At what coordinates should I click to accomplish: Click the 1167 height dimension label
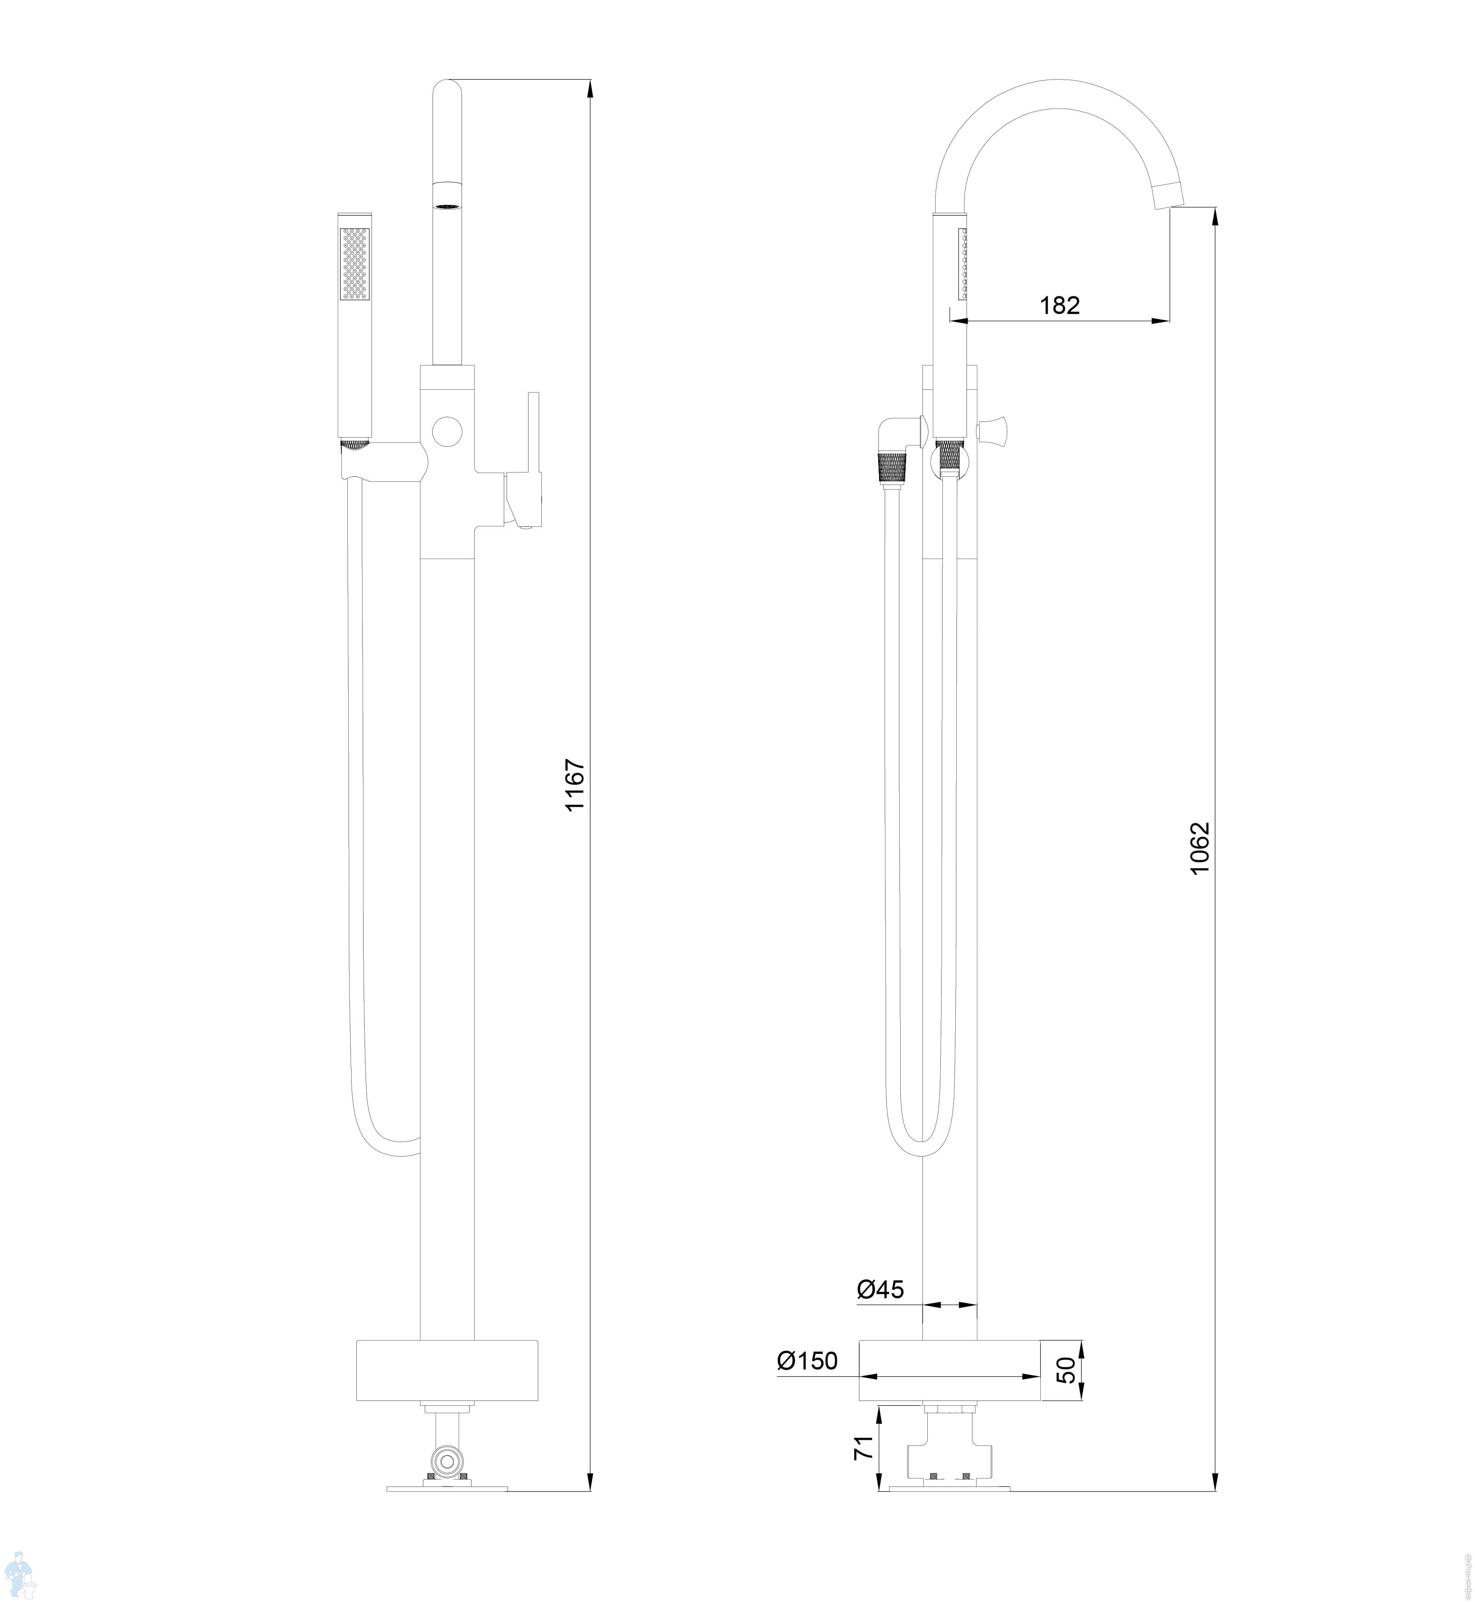tap(575, 785)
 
